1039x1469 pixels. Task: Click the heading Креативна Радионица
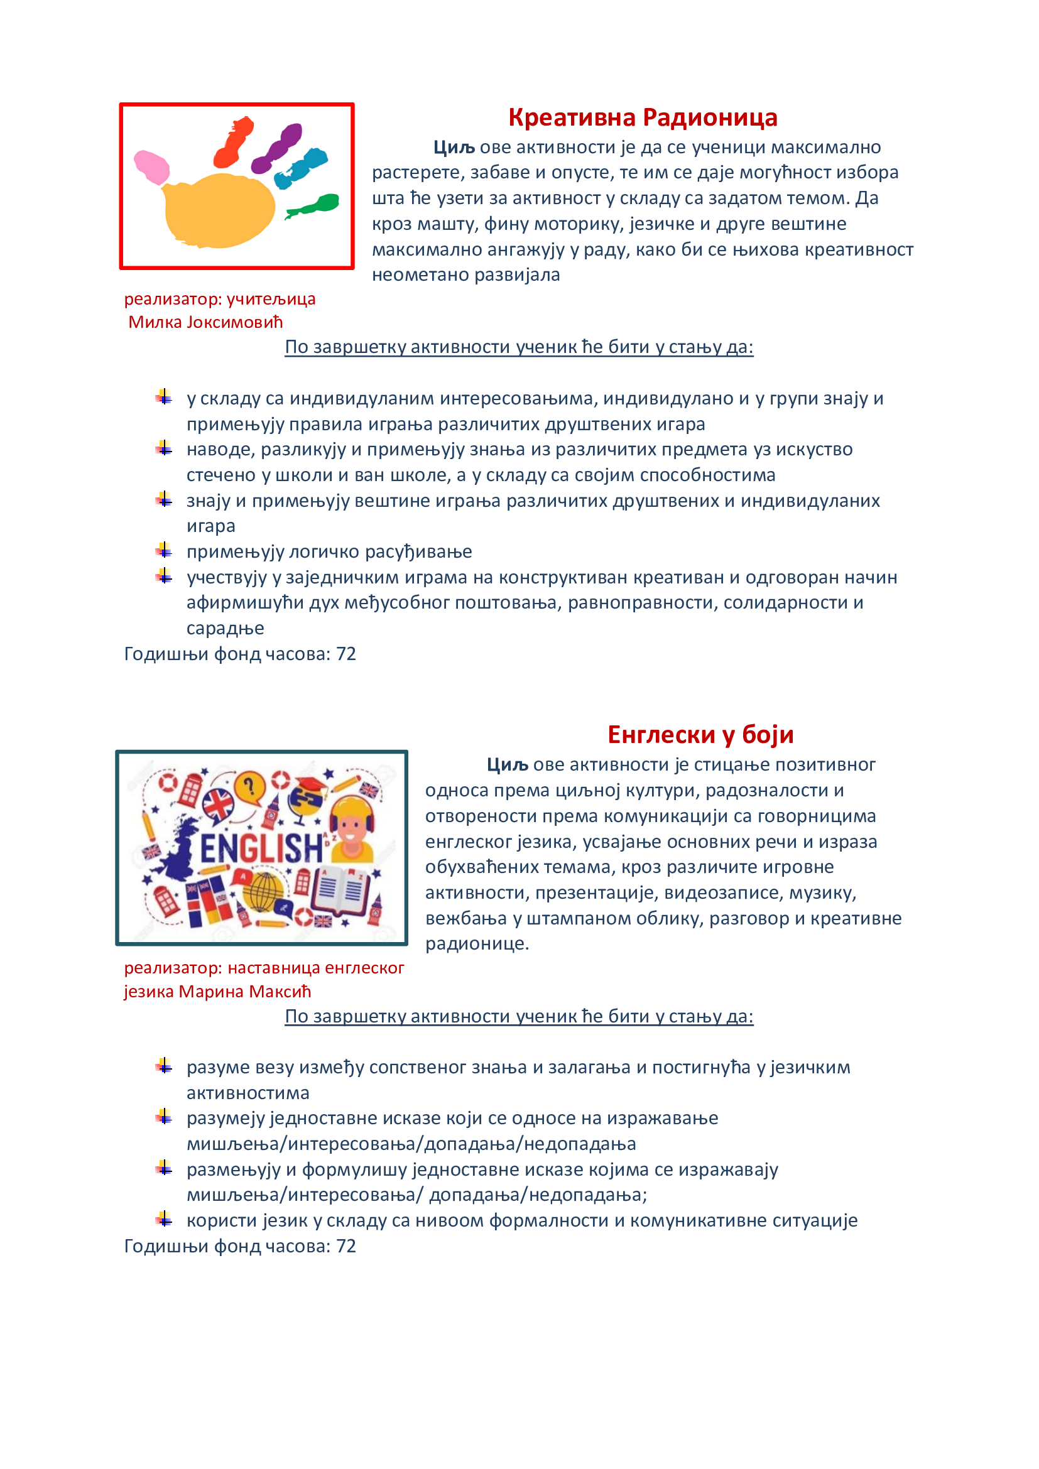pyautogui.click(x=643, y=117)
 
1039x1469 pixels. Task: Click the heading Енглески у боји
pyautogui.click(x=700, y=735)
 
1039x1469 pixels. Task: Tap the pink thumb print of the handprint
pyautogui.click(x=152, y=166)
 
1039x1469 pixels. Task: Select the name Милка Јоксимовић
pyautogui.click(x=205, y=322)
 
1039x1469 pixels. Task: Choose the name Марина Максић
pyautogui.click(x=244, y=992)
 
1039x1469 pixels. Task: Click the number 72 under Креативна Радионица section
pyautogui.click(x=346, y=654)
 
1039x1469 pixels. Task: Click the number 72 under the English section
pyautogui.click(x=346, y=1246)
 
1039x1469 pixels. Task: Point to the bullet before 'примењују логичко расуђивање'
pyautogui.click(x=165, y=550)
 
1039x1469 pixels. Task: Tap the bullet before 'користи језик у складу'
pyautogui.click(x=165, y=1220)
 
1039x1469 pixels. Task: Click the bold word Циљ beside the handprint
pyautogui.click(x=454, y=148)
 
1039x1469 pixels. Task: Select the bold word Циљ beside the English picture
pyautogui.click(x=507, y=765)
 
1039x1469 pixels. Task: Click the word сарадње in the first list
pyautogui.click(x=226, y=628)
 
